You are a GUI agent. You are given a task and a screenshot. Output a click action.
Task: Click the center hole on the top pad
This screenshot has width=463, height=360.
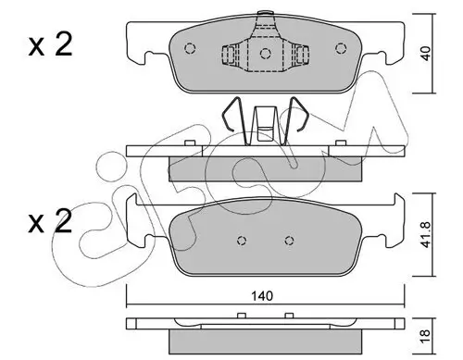pos(265,54)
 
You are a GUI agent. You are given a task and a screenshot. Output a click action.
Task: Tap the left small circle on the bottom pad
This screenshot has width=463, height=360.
pos(242,242)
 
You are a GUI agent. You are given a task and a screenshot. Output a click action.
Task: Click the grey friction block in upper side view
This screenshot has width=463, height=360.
pos(264,168)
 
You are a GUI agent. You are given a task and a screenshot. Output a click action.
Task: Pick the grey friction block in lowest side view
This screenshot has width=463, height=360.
pos(264,342)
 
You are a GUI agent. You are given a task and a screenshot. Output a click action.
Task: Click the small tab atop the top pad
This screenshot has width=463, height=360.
pos(265,16)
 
